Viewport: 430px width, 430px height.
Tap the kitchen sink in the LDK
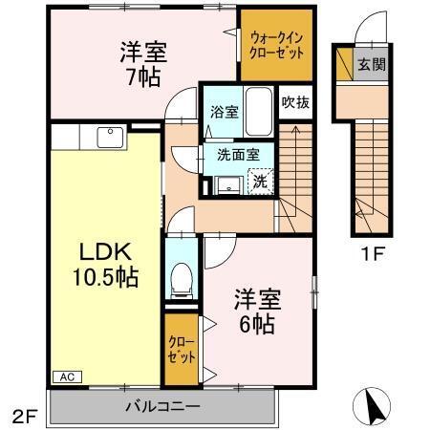point(109,140)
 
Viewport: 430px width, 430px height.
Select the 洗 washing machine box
point(259,178)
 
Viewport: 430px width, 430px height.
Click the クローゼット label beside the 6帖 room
point(182,350)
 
